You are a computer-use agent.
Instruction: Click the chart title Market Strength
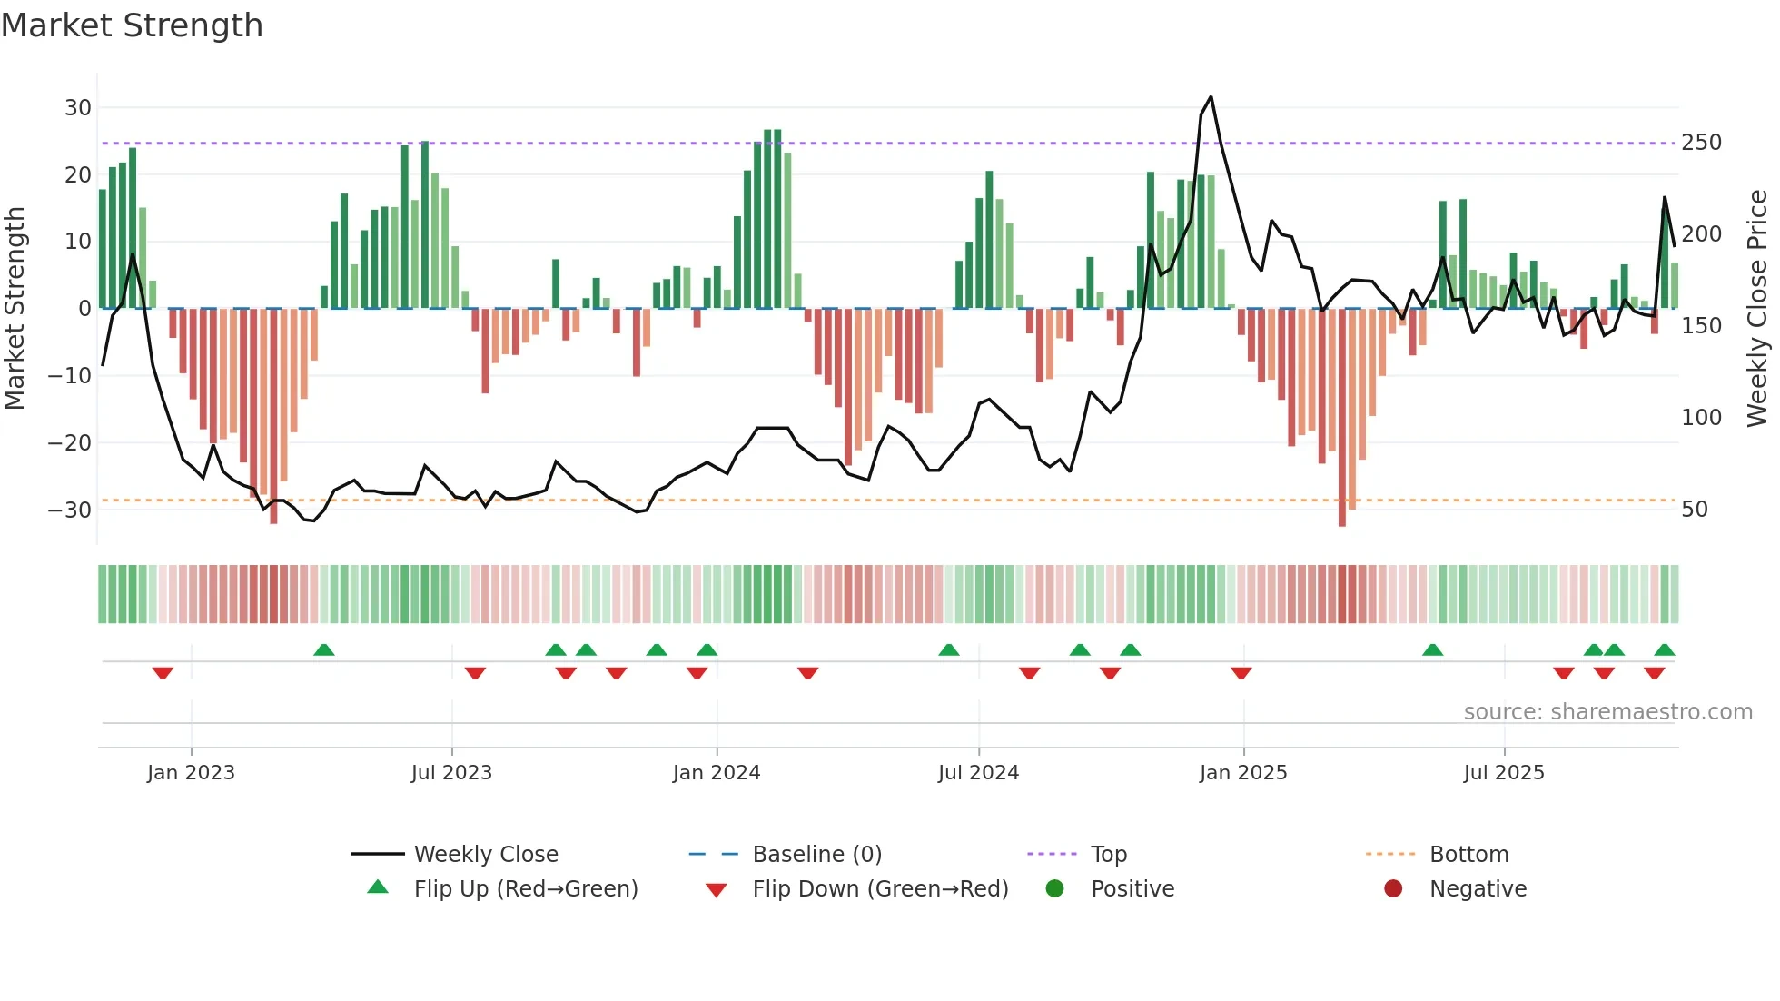click(x=132, y=25)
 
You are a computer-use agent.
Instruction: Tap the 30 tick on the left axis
click(x=78, y=108)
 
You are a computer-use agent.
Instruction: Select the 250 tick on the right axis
click(x=1701, y=143)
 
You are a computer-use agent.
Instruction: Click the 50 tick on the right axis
click(x=1695, y=510)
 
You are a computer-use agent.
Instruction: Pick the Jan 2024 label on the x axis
click(x=717, y=773)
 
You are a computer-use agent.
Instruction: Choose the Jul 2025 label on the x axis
click(x=1504, y=773)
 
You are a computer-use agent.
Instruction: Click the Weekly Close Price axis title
click(x=1757, y=309)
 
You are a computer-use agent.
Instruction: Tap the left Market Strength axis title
click(x=15, y=309)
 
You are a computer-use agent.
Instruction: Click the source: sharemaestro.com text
click(x=1607, y=712)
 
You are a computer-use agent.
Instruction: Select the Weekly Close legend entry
click(x=486, y=855)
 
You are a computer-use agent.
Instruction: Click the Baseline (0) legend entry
click(x=816, y=855)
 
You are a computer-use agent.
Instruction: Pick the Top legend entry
click(x=1108, y=855)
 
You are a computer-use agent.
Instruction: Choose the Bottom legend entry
click(x=1468, y=855)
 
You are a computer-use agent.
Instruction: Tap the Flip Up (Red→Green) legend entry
click(x=525, y=889)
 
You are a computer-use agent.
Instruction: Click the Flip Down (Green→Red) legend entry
click(x=879, y=889)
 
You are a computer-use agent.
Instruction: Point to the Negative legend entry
click(x=1478, y=889)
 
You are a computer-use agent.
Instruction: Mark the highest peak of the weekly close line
click(x=1211, y=97)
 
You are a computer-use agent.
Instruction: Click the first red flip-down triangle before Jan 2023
click(x=163, y=673)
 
